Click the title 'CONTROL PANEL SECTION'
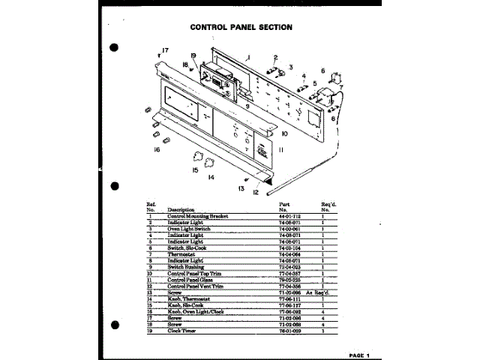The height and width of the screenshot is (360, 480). click(241, 27)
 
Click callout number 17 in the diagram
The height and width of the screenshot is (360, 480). click(165, 50)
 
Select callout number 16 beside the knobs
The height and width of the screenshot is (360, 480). click(157, 150)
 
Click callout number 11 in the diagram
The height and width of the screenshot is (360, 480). click(280, 151)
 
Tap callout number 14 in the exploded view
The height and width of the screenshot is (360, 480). click(211, 178)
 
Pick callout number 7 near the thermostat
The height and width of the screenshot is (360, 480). click(340, 87)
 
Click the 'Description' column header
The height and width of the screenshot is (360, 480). click(181, 209)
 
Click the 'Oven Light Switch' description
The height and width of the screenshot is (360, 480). click(187, 228)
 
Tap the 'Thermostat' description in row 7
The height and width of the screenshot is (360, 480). click(181, 253)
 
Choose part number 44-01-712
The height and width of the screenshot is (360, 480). click(289, 216)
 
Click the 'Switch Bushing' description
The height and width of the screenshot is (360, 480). click(186, 266)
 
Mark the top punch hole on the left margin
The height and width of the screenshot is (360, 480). click(115, 48)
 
